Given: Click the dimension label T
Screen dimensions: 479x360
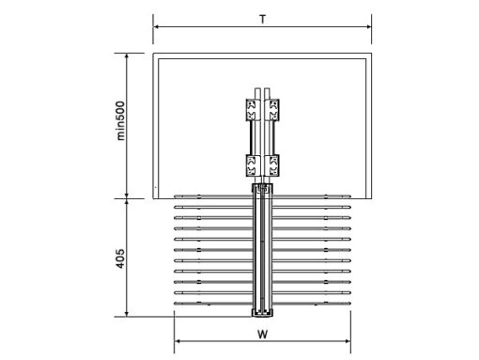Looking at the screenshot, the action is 263,20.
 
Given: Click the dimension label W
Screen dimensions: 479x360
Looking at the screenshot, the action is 263,335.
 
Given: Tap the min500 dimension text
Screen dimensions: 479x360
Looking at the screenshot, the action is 120,120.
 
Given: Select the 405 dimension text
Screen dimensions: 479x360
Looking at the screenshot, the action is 120,258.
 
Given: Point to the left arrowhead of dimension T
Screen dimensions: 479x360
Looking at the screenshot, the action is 156,27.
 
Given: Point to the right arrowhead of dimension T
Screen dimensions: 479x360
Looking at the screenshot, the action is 369,27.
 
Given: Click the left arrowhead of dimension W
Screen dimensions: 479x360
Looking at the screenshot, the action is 177,341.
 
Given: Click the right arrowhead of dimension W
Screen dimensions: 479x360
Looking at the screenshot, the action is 348,341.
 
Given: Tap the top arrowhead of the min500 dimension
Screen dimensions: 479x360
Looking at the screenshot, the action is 127,55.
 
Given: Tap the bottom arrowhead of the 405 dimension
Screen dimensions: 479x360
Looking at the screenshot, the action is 127,314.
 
